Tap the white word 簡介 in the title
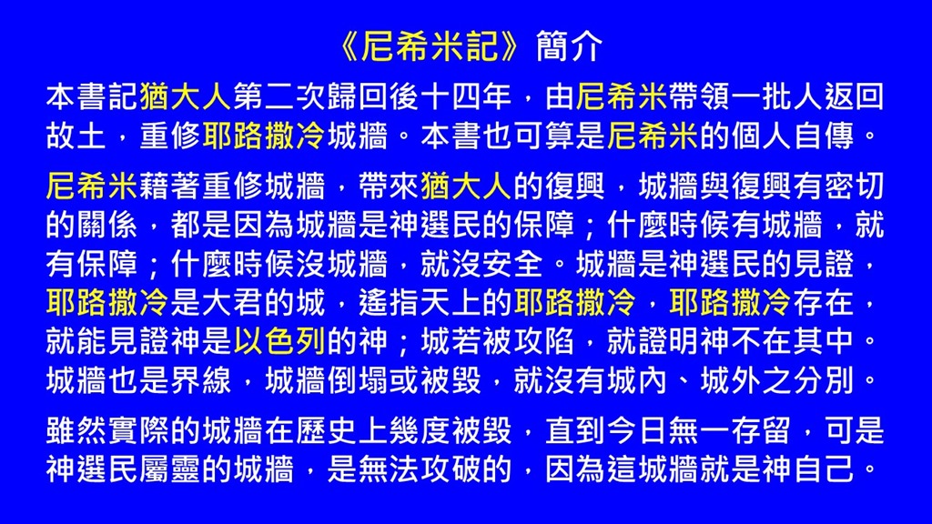click(569, 45)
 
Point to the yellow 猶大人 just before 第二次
click(185, 96)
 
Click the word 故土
click(76, 136)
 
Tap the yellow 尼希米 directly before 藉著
click(92, 186)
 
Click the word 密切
click(854, 186)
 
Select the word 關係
click(107, 226)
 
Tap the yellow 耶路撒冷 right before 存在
click(730, 302)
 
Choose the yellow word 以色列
click(279, 342)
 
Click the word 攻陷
click(544, 342)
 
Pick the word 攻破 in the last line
click(450, 469)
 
